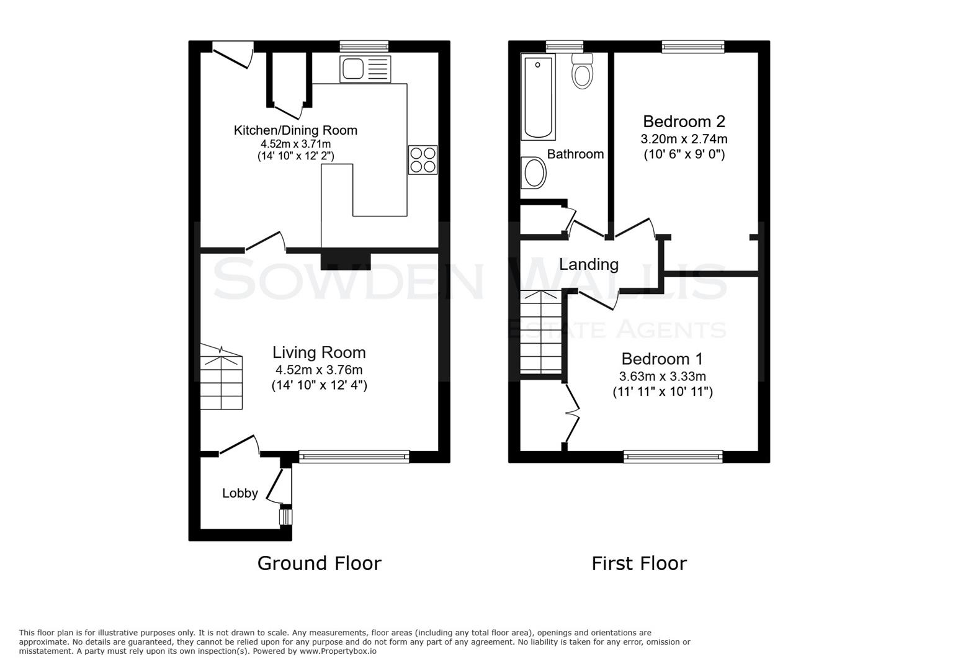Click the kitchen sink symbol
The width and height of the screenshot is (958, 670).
[365, 68]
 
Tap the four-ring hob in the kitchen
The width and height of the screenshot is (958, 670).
[423, 159]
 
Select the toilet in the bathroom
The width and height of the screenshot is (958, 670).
[582, 71]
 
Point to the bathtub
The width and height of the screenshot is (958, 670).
[539, 97]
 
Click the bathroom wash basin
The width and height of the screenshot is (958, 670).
[534, 172]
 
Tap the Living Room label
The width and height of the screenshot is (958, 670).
[319, 352]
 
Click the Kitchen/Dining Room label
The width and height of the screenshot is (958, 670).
[295, 130]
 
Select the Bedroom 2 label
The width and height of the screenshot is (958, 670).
[684, 121]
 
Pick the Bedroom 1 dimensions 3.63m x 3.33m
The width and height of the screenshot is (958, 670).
[662, 377]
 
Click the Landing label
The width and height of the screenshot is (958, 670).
[588, 264]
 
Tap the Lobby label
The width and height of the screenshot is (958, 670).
[240, 493]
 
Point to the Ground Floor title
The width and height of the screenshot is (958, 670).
[319, 563]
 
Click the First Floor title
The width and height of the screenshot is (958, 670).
[638, 563]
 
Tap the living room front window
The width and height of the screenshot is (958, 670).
[354, 457]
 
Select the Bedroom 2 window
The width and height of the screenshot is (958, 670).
[692, 47]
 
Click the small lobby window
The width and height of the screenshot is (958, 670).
[285, 516]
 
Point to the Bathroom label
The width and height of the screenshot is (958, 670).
[575, 154]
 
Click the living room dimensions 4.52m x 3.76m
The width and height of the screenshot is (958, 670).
[319, 370]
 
